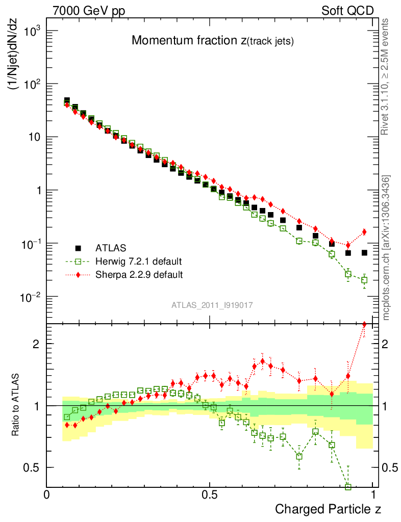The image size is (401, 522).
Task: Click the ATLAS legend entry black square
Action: click(x=79, y=248)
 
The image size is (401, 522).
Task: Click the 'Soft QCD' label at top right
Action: click(x=347, y=11)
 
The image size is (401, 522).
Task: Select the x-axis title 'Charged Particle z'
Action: click(x=328, y=509)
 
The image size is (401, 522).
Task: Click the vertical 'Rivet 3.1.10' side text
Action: click(x=386, y=76)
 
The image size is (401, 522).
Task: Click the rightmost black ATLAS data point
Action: click(x=364, y=253)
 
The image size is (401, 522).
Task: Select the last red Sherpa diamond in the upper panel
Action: click(x=364, y=232)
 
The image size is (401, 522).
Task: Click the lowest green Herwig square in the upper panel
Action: click(x=364, y=280)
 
